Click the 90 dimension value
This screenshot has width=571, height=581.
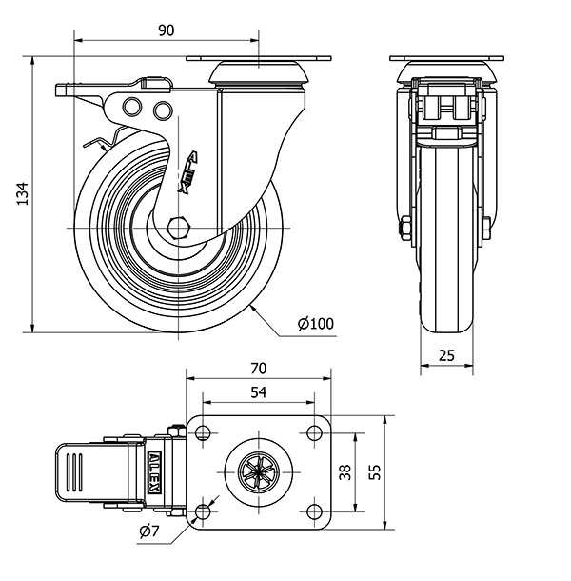coord(166,30)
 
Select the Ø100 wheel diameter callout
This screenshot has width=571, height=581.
coord(315,324)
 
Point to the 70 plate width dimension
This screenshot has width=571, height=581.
coord(258,368)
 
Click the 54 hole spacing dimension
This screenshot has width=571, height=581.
coord(258,391)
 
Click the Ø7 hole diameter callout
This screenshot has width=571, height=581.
coord(148,531)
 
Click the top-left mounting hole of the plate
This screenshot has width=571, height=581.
coord(202,433)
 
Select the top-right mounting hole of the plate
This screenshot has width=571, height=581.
coord(313,433)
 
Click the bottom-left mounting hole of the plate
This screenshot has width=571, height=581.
coord(202,513)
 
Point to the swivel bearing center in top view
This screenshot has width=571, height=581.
coord(258,472)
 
